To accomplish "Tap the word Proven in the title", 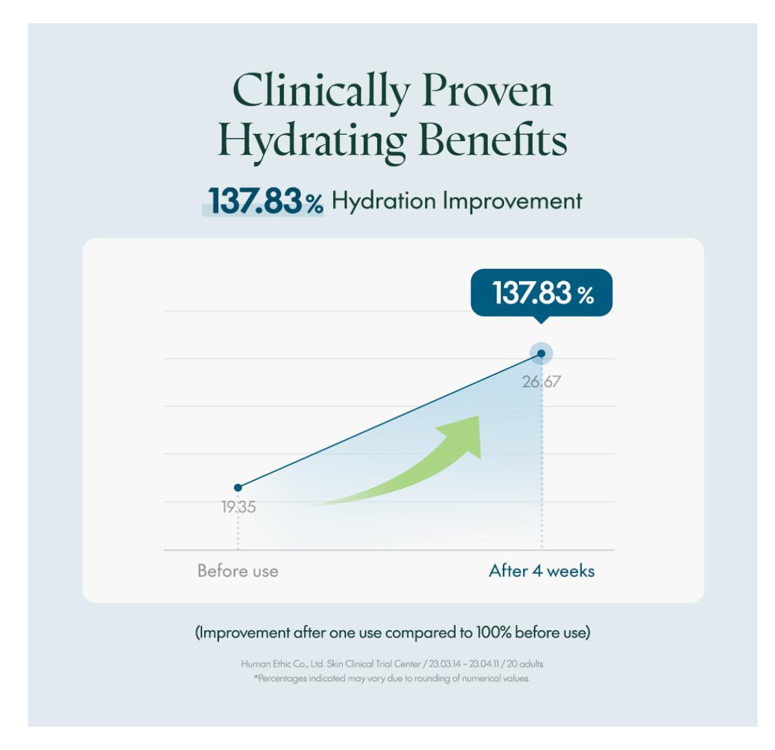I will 487,91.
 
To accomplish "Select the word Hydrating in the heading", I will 312,140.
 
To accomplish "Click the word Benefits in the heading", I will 492,140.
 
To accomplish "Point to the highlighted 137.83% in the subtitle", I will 264,201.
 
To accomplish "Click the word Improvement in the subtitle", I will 512,201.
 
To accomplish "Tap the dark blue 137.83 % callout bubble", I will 542,293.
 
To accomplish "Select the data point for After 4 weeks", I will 541,354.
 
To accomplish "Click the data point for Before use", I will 238,488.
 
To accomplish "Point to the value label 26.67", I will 542,381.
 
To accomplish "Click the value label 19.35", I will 238,507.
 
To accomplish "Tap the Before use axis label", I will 238,571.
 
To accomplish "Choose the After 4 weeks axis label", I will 542,571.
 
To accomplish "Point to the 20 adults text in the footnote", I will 525,664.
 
